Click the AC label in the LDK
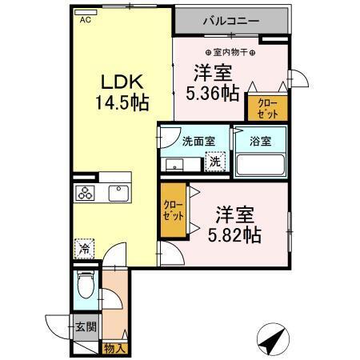point(85,22)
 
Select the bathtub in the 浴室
point(260,165)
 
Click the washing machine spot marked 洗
point(214,162)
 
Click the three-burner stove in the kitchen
point(86,193)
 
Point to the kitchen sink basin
point(118,193)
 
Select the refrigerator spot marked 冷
point(84,249)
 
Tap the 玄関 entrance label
point(86,326)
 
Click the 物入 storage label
point(114,347)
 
